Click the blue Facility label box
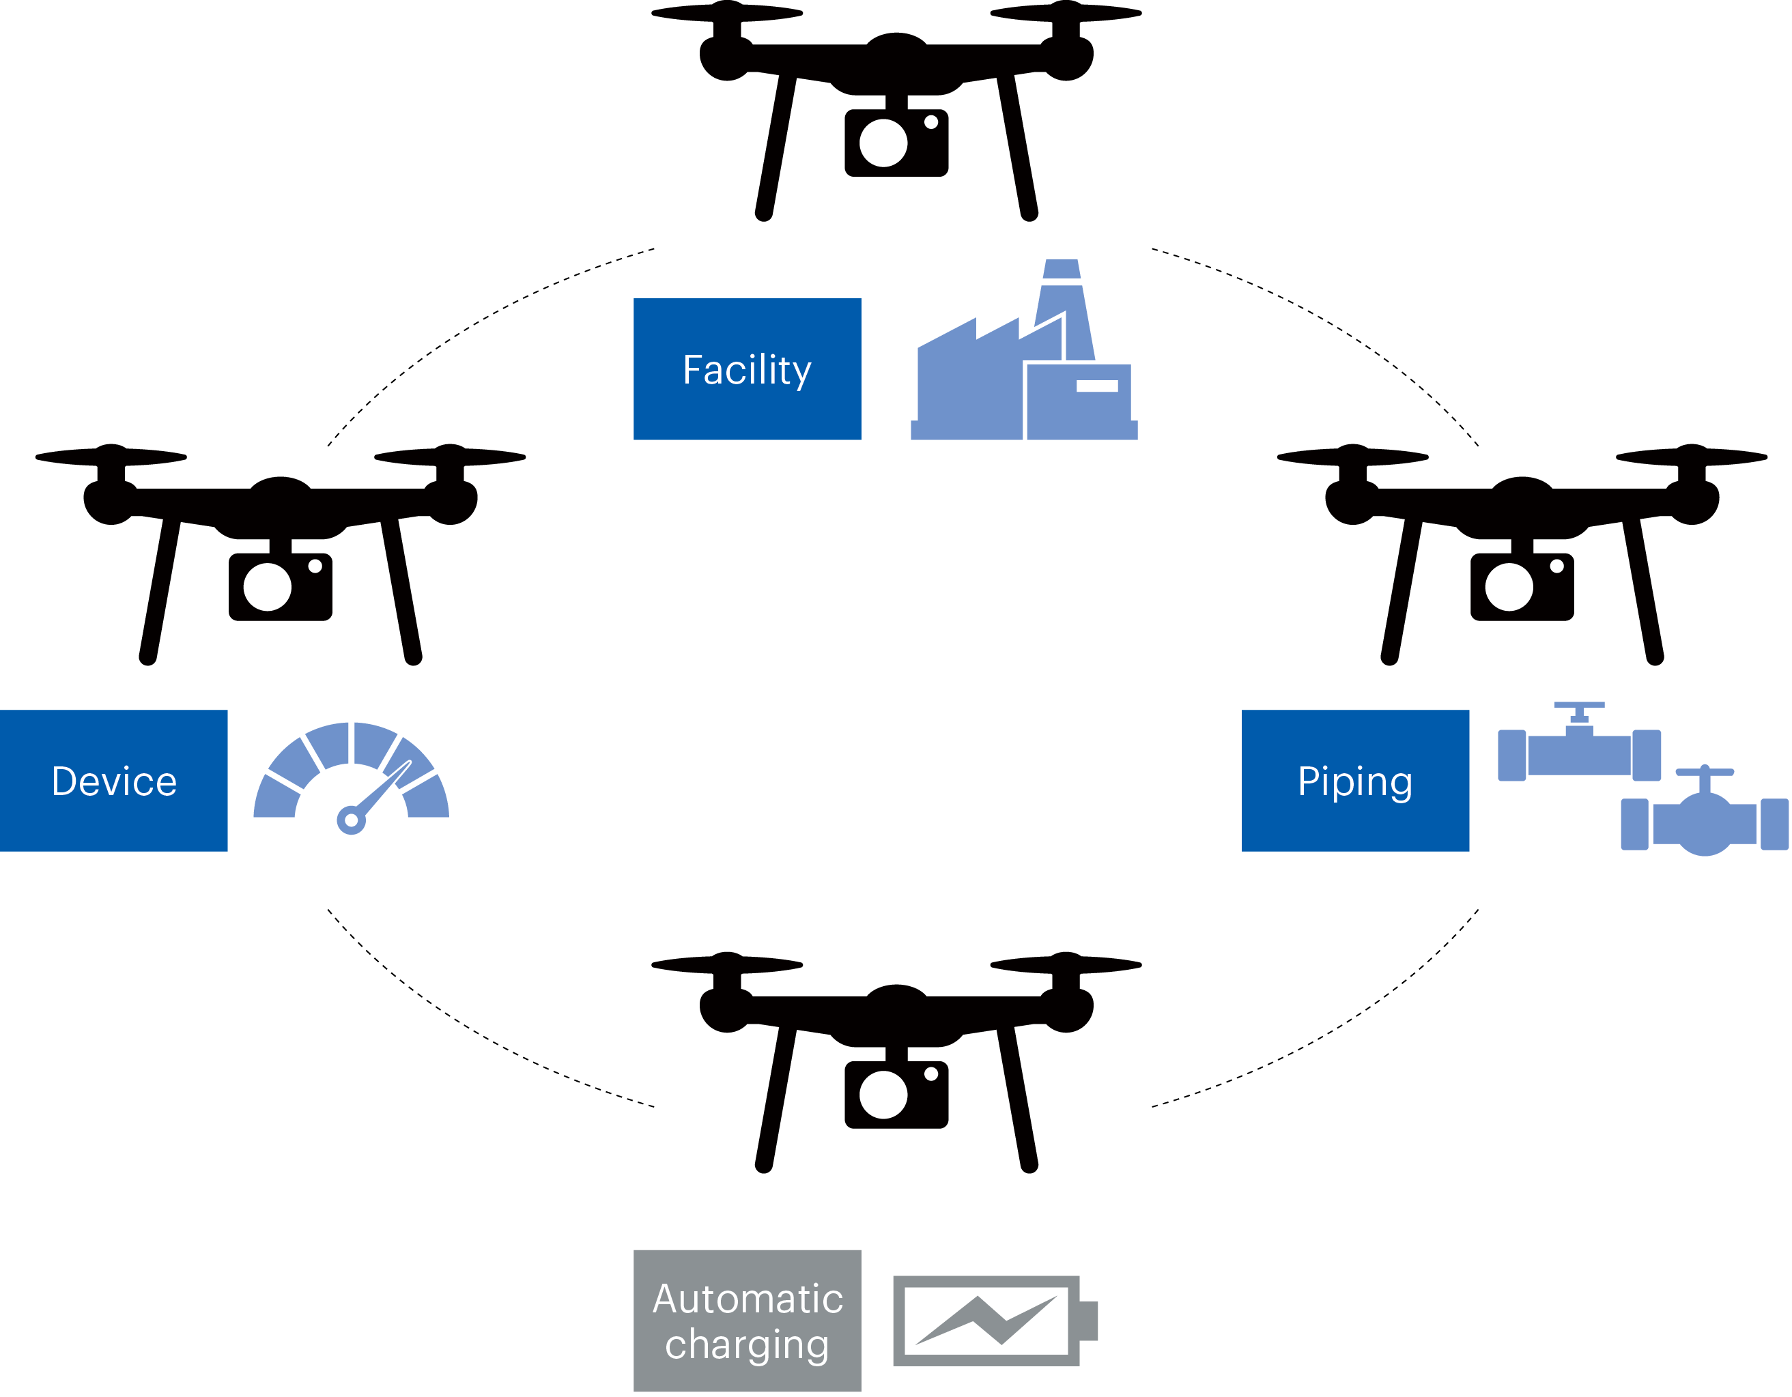tap(747, 369)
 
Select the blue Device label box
tap(113, 781)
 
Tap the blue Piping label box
tap(1354, 781)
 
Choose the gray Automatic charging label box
tap(747, 1321)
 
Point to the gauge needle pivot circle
tap(351, 820)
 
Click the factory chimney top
tap(1062, 268)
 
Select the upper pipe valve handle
tap(1578, 705)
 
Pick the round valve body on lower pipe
tap(1704, 824)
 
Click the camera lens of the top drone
tap(883, 143)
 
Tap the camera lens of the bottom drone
tap(883, 1094)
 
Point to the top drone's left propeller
tap(727, 12)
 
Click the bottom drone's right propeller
tap(1066, 964)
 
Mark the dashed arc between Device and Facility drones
tap(468, 328)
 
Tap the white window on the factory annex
tap(1096, 386)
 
